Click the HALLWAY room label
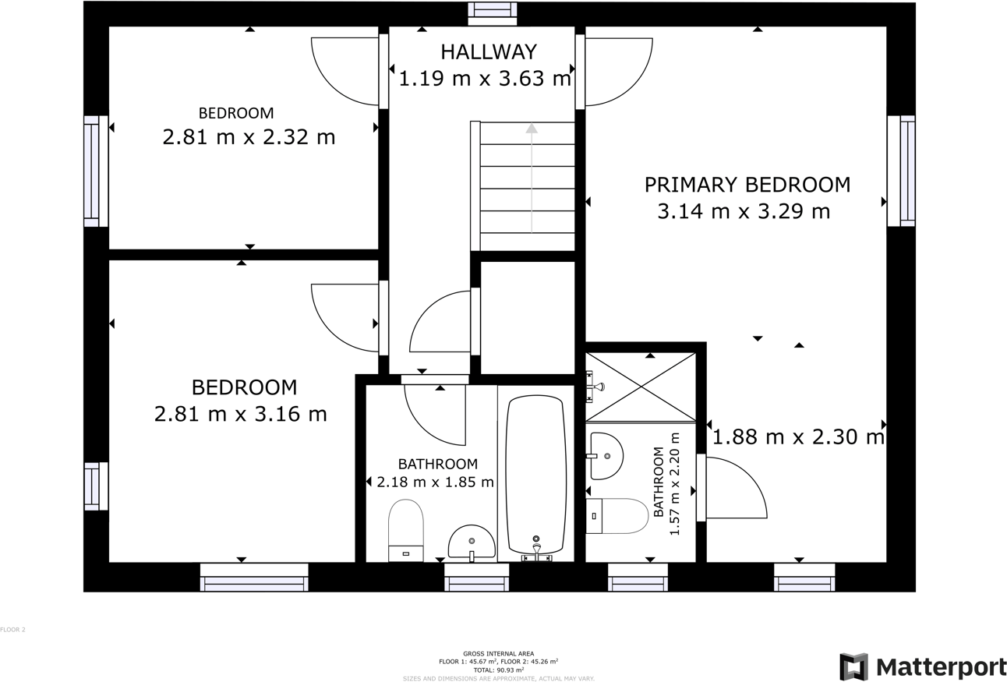(x=488, y=51)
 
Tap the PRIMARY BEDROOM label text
(x=747, y=185)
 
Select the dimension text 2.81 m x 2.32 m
(x=249, y=137)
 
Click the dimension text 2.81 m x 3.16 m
(x=240, y=414)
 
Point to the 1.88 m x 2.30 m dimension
(x=798, y=437)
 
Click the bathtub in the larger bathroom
(x=535, y=475)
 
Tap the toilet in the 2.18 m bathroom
(x=405, y=530)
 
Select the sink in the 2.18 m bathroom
(x=472, y=542)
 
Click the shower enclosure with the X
(x=641, y=387)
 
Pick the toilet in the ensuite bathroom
(x=617, y=516)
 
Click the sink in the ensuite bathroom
(x=606, y=456)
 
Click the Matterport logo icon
(x=853, y=667)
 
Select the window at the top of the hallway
(x=492, y=10)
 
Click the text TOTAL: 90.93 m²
(x=498, y=670)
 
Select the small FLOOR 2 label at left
(x=12, y=629)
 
